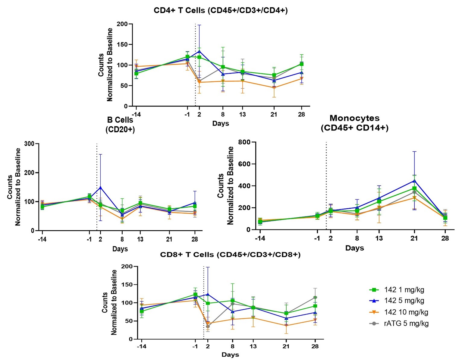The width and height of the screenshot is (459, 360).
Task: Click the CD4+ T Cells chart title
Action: (x=221, y=11)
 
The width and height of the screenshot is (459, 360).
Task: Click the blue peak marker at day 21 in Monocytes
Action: (x=414, y=181)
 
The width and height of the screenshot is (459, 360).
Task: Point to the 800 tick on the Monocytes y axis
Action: (x=244, y=142)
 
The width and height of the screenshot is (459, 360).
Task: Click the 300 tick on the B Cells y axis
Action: (x=30, y=144)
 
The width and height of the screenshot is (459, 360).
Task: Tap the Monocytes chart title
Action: (x=354, y=123)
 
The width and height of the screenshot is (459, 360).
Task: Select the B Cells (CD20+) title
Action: (x=120, y=125)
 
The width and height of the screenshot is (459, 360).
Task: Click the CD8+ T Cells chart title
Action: (x=230, y=254)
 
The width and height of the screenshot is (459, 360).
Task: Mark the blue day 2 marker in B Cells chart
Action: (x=100, y=188)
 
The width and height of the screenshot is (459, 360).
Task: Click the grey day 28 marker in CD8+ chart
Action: (x=315, y=298)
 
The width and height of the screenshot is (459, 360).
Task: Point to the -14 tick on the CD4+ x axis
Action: (x=136, y=115)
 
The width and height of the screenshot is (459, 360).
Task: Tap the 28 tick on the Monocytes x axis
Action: (x=445, y=238)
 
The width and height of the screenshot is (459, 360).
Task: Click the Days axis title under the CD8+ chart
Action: (x=230, y=355)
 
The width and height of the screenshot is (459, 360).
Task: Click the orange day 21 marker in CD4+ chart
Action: (x=274, y=88)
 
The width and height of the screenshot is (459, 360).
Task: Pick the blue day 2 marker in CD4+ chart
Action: (x=199, y=51)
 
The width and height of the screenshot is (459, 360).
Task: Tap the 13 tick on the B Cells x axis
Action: (x=140, y=239)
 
